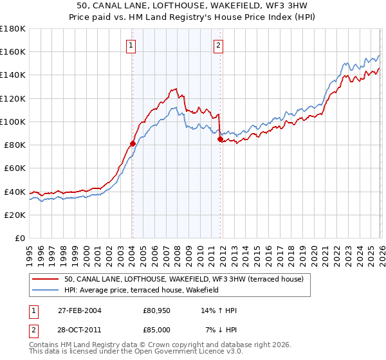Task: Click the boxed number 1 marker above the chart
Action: pyautogui.click(x=131, y=45)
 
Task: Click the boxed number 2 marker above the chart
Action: pyautogui.click(x=219, y=45)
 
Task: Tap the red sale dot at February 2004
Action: pyautogui.click(x=133, y=143)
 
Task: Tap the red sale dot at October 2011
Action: pyautogui.click(x=220, y=139)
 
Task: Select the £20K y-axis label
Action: pyautogui.click(x=15, y=215)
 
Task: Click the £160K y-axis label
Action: pyautogui.click(x=13, y=51)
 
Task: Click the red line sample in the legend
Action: pyautogui.click(x=46, y=279)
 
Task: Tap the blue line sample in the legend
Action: pyautogui.click(x=46, y=290)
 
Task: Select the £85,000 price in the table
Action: pyautogui.click(x=156, y=329)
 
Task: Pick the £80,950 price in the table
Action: pyautogui.click(x=156, y=310)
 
